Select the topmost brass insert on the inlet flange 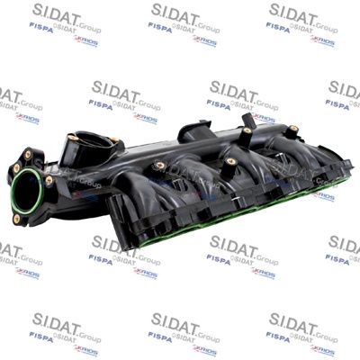28,154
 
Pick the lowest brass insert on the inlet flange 18,219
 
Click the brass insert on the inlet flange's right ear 49,180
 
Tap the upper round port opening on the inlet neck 93,141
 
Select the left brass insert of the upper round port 71,138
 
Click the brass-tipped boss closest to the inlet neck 158,166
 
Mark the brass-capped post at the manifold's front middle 230,162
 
